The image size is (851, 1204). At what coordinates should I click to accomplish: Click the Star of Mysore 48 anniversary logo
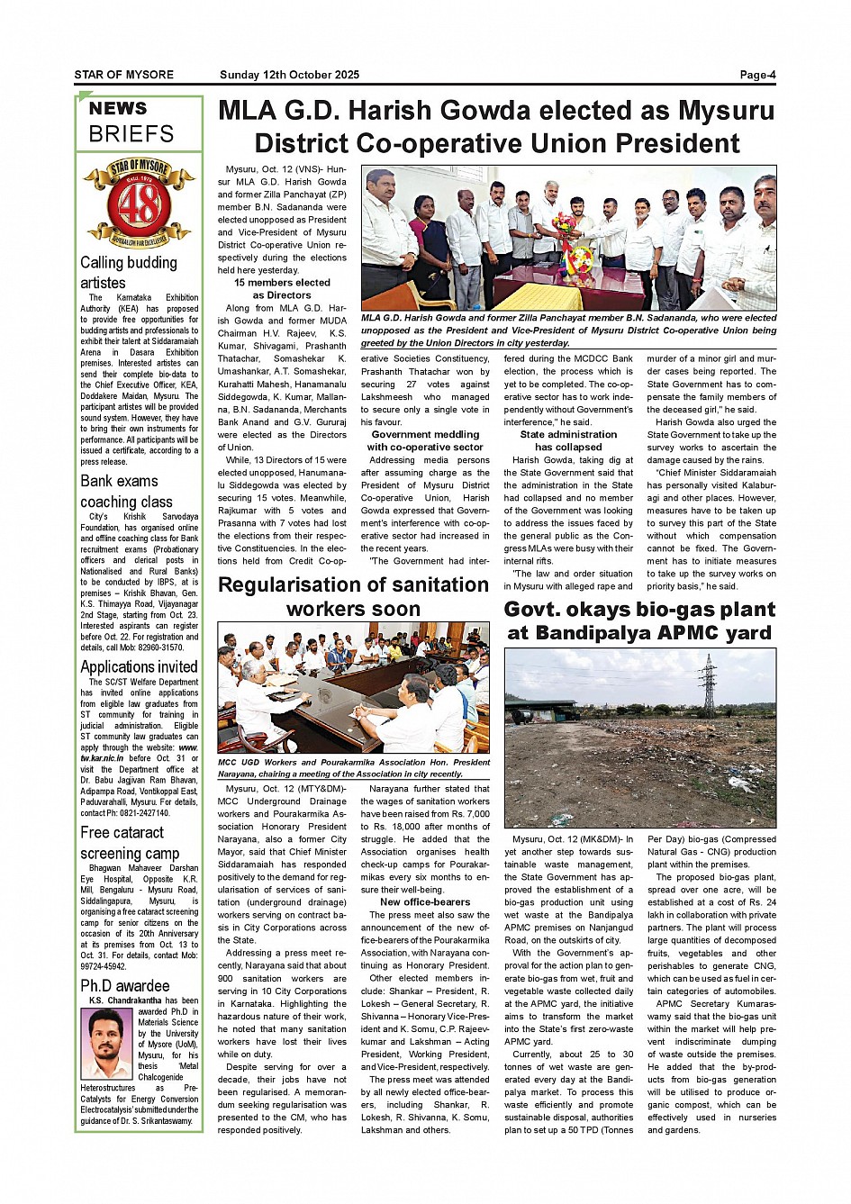click(x=139, y=204)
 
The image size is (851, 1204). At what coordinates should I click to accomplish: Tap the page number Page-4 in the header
click(x=757, y=75)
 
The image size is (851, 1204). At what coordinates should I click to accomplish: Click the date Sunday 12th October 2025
click(x=289, y=75)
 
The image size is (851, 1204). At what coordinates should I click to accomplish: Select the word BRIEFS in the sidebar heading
click(x=131, y=134)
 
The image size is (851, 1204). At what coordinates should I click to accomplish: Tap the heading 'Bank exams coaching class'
click(x=126, y=491)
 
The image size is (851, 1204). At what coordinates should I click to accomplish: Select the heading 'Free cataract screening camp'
click(x=130, y=842)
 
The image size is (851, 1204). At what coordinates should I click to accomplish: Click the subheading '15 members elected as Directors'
click(x=282, y=288)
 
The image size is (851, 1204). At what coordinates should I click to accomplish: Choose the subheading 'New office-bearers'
click(x=425, y=901)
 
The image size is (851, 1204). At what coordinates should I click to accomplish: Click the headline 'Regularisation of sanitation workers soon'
click(x=353, y=596)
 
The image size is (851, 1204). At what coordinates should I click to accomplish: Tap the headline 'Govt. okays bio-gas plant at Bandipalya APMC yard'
click(x=639, y=620)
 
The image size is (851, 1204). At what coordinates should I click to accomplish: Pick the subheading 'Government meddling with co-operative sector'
click(x=425, y=440)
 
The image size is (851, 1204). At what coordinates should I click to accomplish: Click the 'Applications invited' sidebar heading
click(x=139, y=666)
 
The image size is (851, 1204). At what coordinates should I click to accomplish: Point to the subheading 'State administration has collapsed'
click(x=568, y=440)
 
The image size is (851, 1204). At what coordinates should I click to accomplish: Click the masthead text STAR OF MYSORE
click(x=124, y=75)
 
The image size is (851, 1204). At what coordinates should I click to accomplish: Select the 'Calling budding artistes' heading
click(x=129, y=272)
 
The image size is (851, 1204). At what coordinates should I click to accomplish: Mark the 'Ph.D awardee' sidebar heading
click(x=124, y=985)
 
